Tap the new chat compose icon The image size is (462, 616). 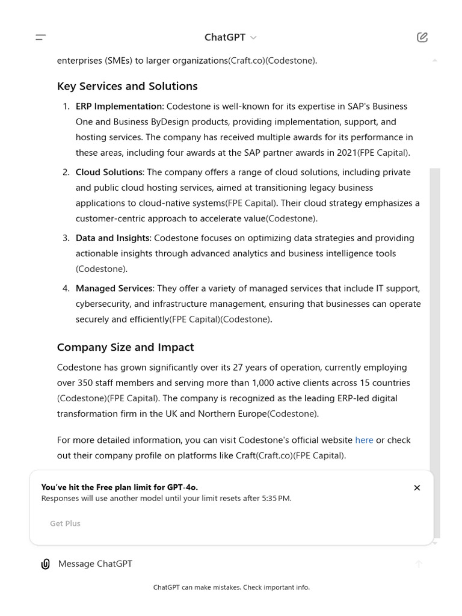[x=422, y=37]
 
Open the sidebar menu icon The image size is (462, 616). [x=41, y=37]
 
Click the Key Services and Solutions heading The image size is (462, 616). [x=127, y=86]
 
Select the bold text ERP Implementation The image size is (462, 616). [x=119, y=106]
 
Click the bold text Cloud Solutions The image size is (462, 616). [x=109, y=172]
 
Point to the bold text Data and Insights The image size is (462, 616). [x=112, y=238]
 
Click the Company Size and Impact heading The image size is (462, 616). [x=125, y=347]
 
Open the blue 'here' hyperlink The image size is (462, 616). [x=364, y=440]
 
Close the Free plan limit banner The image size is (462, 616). [x=417, y=488]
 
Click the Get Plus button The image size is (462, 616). [x=65, y=523]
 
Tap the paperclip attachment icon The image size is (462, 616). [x=45, y=564]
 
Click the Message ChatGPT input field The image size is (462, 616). [x=229, y=564]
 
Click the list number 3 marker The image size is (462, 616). [x=66, y=238]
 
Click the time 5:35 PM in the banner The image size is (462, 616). [x=276, y=499]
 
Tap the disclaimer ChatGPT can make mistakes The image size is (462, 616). [x=231, y=587]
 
